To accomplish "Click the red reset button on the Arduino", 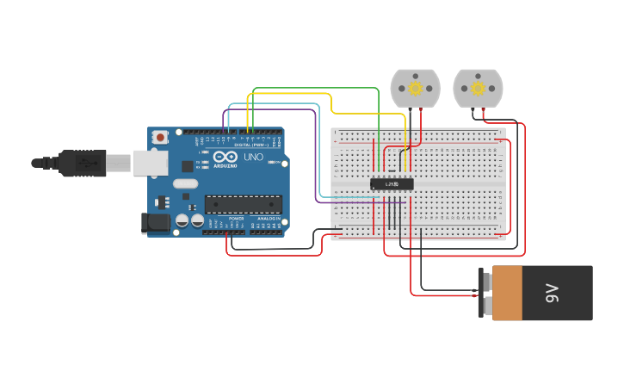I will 160,138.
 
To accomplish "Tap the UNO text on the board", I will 253,158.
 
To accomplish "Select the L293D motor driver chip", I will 392,183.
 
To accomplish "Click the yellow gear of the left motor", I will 415,88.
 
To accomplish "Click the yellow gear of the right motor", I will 477,88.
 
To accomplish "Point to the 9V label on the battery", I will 552,293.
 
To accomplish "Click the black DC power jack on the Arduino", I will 155,223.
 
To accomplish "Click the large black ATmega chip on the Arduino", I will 243,204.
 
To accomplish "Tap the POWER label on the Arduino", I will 236,219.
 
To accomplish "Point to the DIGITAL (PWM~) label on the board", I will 252,144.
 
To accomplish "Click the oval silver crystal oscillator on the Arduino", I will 185,183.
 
